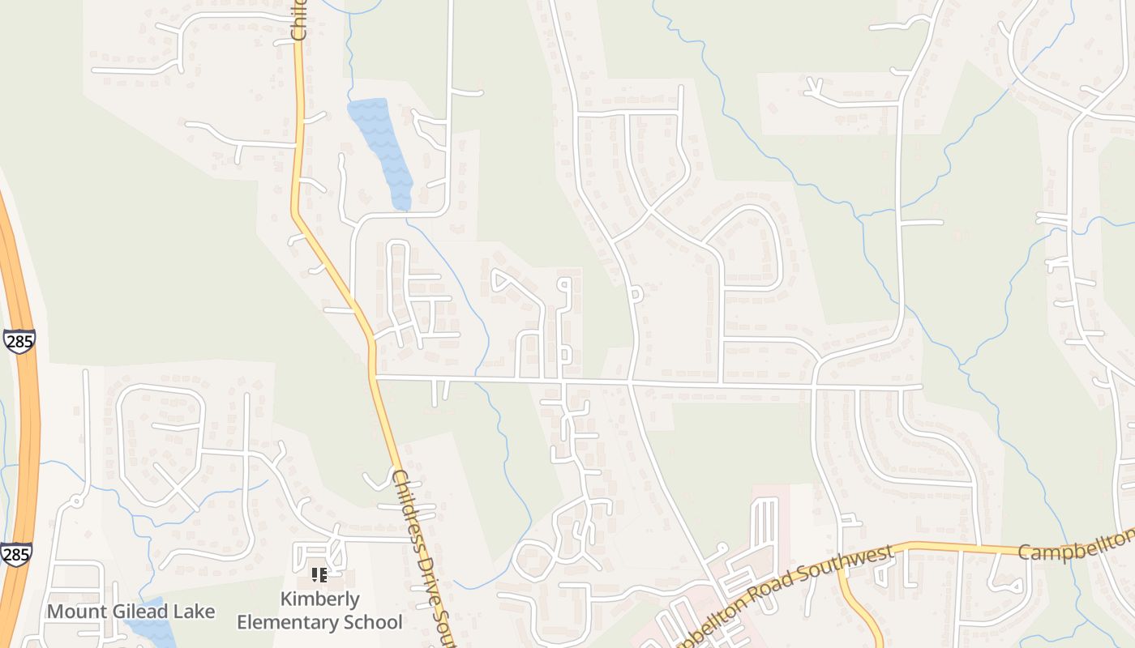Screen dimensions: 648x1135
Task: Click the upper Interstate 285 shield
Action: (x=18, y=341)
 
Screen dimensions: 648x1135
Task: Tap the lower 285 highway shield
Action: (x=16, y=555)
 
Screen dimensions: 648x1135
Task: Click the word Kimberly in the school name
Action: (x=319, y=599)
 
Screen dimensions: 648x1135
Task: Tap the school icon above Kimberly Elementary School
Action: (x=319, y=575)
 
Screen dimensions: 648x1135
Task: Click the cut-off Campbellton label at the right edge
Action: (x=1075, y=548)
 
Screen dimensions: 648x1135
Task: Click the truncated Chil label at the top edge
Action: (x=298, y=20)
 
